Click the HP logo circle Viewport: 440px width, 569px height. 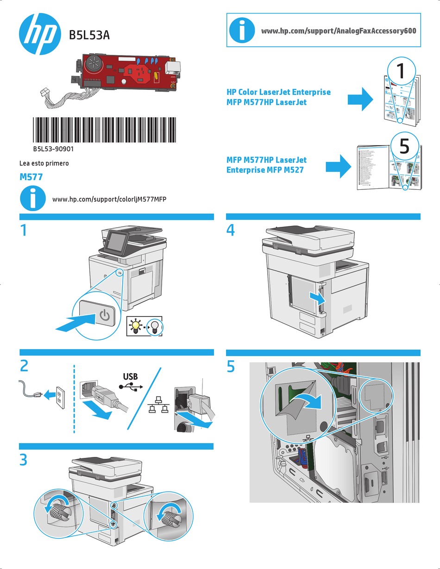tap(39, 33)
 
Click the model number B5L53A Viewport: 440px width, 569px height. tap(89, 35)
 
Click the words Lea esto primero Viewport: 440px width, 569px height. tap(44, 163)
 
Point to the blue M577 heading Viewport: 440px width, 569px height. tap(31, 177)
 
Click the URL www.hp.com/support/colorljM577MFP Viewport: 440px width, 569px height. tap(110, 199)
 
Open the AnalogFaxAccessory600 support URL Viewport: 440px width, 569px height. tap(339, 31)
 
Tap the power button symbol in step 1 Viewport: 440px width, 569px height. tap(105, 316)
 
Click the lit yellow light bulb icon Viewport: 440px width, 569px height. tap(135, 326)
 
